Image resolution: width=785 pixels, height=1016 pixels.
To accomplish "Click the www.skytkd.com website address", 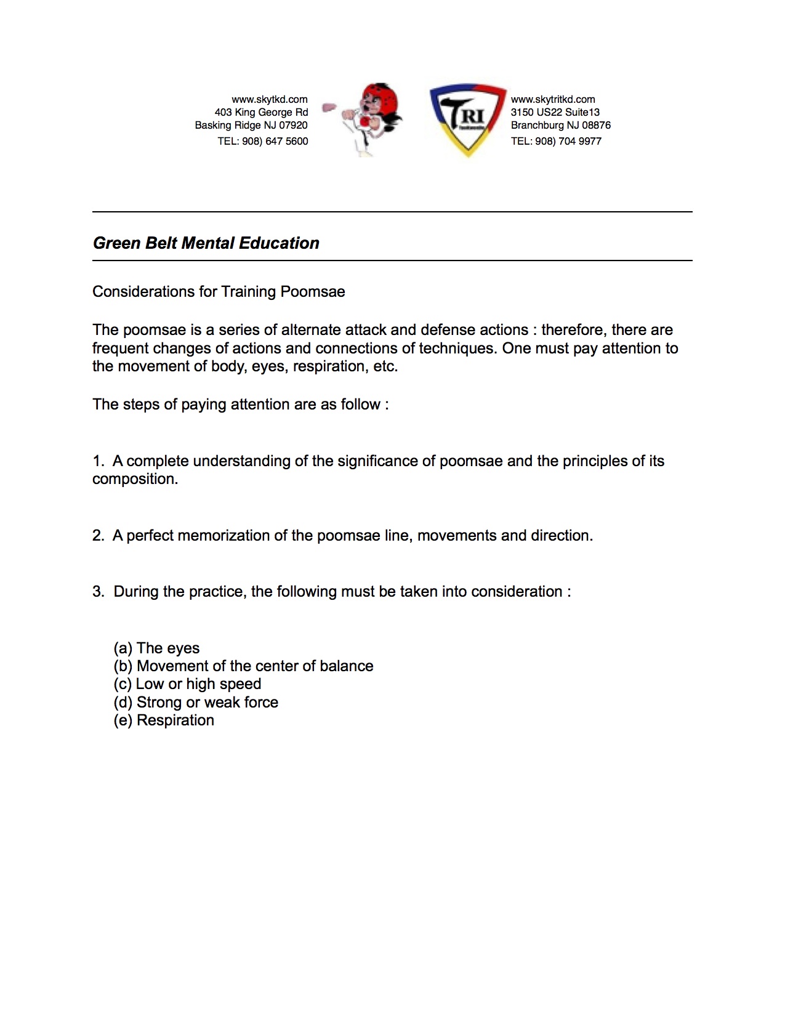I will (x=269, y=99).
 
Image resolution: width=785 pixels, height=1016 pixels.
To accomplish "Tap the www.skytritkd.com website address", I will (x=553, y=99).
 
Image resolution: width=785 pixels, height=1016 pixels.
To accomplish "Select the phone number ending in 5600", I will (x=263, y=141).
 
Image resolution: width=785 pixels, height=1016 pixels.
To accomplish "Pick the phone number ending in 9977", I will (x=556, y=141).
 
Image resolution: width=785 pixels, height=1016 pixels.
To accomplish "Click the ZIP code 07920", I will (x=293, y=125).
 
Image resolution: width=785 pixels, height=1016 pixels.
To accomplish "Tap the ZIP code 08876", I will (x=596, y=125).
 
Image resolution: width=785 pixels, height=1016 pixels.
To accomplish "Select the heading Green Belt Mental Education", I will (x=206, y=243).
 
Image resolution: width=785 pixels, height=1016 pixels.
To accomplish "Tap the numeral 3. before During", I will (x=99, y=592).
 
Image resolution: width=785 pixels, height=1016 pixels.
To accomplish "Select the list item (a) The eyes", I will (x=156, y=648).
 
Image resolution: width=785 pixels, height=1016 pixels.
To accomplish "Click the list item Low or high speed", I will (x=187, y=684).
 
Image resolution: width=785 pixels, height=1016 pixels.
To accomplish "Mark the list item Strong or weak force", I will (x=196, y=703).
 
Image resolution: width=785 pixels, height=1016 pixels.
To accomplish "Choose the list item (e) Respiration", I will (x=164, y=720).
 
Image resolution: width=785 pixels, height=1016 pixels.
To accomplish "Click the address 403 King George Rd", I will (x=261, y=112).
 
